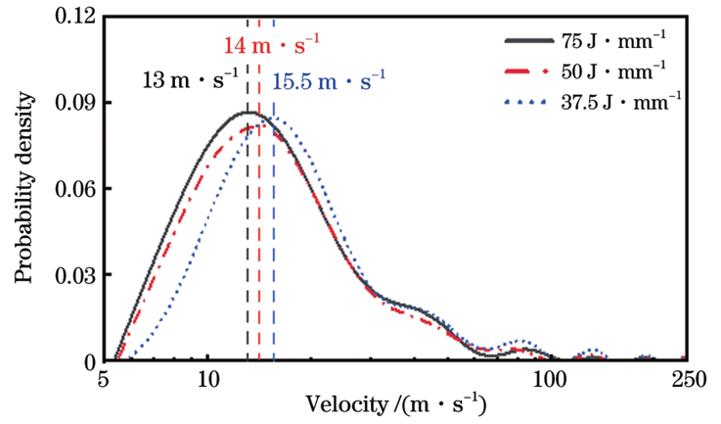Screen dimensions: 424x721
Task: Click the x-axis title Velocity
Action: coord(396,404)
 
